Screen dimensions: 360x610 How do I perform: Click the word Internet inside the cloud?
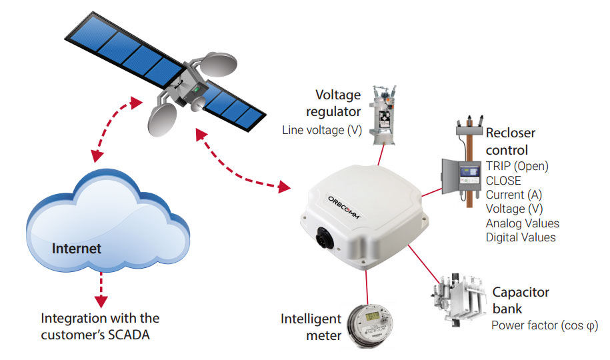[77, 249]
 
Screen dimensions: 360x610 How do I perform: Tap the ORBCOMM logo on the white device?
[345, 206]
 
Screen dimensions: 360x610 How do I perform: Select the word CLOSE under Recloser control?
[503, 180]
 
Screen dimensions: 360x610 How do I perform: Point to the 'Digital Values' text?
[521, 237]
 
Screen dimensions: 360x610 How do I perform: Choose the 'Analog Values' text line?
[522, 223]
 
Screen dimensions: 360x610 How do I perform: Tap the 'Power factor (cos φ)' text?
[544, 326]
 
